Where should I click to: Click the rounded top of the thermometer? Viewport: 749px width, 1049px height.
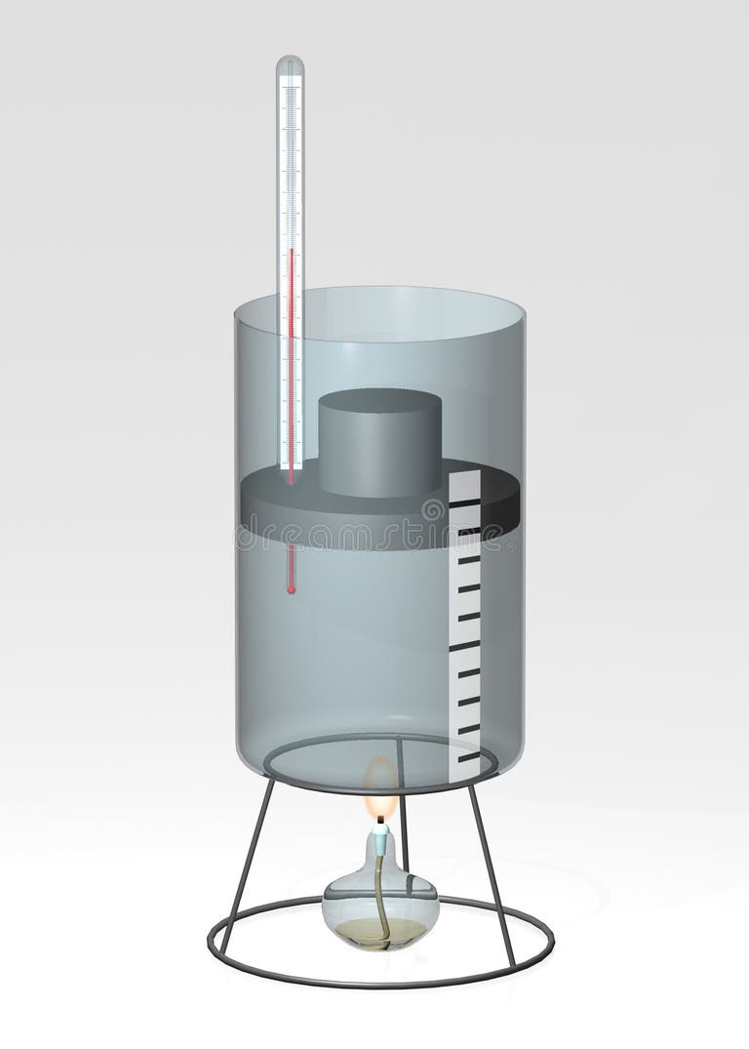pyautogui.click(x=290, y=66)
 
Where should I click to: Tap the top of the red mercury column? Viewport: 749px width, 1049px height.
pyautogui.click(x=290, y=251)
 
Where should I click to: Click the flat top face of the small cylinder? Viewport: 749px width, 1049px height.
pyautogui.click(x=381, y=401)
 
